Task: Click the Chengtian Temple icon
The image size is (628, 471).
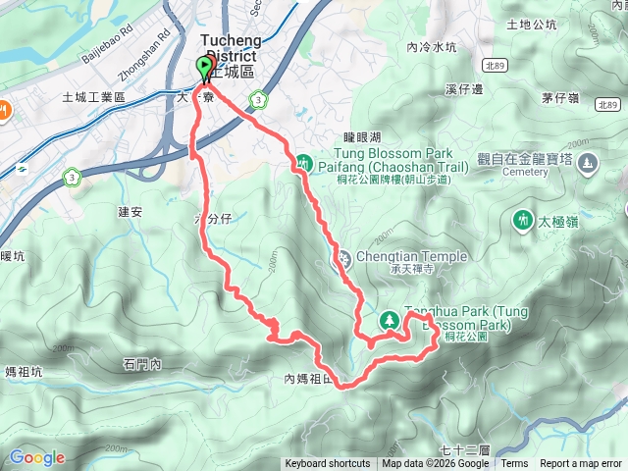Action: (x=343, y=260)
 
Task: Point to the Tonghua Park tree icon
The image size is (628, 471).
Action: (x=390, y=319)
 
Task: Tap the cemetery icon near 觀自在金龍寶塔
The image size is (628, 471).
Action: (x=588, y=165)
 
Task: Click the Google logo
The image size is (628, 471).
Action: (x=36, y=457)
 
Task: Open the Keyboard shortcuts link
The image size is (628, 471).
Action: (x=328, y=464)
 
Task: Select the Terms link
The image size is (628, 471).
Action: (x=514, y=464)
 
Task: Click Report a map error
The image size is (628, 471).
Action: (x=581, y=464)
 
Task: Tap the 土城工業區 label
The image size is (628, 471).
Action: (x=94, y=97)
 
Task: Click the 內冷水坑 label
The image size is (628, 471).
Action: (x=432, y=47)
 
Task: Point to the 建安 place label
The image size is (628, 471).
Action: (x=131, y=211)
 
